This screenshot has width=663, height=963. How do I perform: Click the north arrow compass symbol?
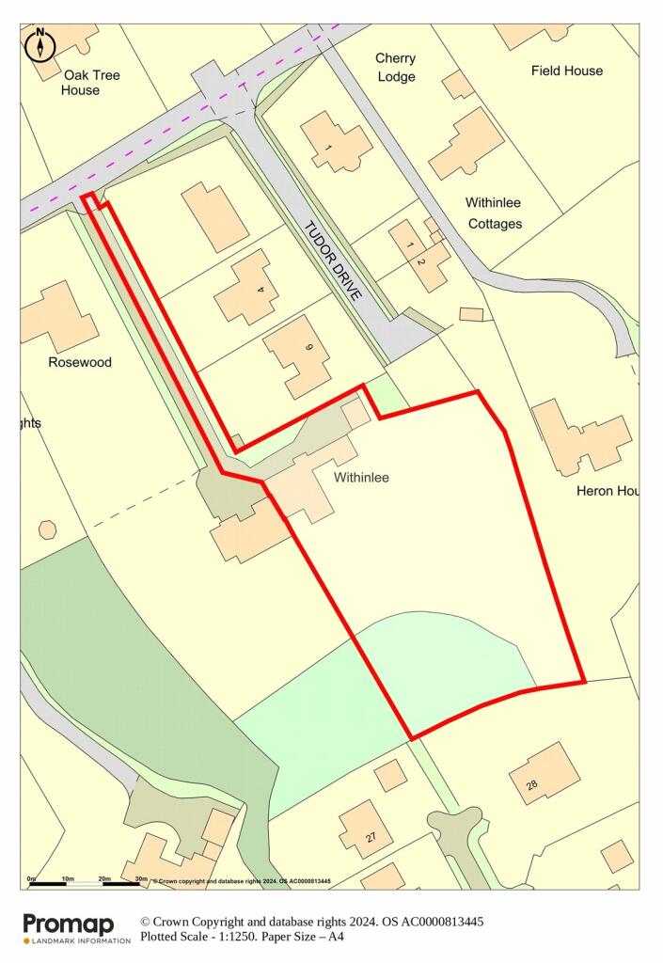[40, 44]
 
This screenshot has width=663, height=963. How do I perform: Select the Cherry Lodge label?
[395, 67]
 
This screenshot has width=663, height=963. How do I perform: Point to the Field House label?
[567, 71]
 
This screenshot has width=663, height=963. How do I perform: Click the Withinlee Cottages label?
[493, 213]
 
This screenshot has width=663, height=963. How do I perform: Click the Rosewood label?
[80, 362]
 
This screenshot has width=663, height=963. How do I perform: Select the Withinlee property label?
[361, 478]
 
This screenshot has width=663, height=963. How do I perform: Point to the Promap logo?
[68, 927]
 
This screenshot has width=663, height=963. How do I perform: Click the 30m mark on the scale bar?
[141, 879]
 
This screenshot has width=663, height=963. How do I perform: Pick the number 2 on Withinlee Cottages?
[420, 260]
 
